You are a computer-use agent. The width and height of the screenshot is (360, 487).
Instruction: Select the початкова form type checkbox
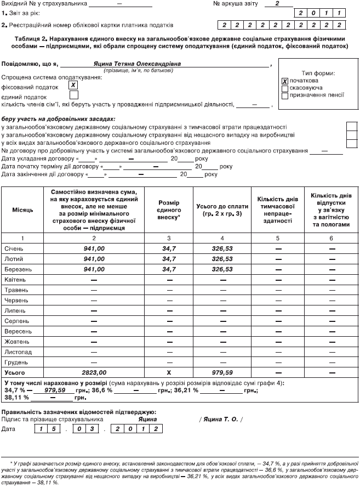[285, 81]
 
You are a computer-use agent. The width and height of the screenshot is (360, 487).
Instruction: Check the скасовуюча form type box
[285, 88]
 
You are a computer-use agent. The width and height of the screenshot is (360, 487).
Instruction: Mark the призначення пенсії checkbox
[285, 95]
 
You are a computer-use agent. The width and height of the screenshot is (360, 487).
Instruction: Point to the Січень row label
[14, 248]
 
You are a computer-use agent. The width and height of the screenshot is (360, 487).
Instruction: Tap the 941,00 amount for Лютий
[94, 259]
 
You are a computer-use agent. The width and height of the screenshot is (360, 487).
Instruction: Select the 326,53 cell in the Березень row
[222, 269]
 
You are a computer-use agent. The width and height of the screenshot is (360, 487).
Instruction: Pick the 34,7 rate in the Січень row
[169, 248]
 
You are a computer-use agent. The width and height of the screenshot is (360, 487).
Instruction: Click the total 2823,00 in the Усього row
[94, 372]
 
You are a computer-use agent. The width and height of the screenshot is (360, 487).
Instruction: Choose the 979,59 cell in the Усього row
[222, 372]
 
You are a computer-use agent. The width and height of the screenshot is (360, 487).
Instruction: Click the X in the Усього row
[169, 372]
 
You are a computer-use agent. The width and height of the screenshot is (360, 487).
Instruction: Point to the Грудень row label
[15, 361]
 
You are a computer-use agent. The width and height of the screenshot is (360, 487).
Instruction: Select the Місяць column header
[22, 210]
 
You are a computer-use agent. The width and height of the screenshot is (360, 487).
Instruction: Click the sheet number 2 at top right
[277, 3]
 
